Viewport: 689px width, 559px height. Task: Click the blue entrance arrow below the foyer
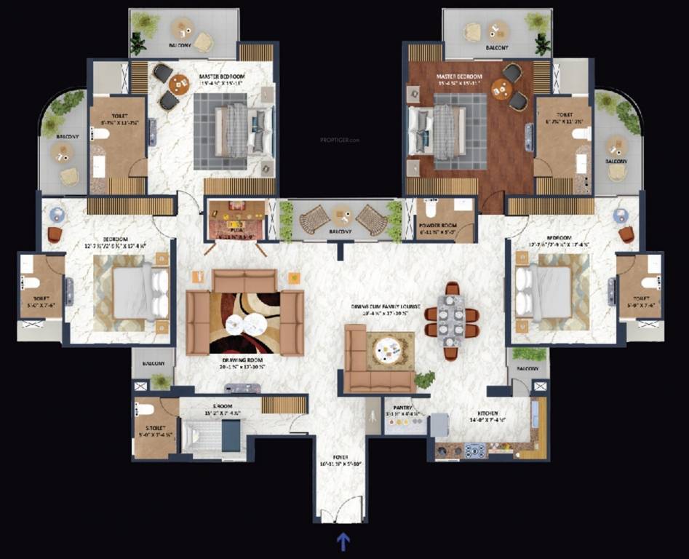point(343,541)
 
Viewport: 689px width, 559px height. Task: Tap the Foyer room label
point(340,459)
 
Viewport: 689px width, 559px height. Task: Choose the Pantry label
point(402,408)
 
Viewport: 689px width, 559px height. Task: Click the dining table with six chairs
point(452,320)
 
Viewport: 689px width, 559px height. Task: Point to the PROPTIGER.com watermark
point(340,139)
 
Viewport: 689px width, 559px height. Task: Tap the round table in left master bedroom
point(178,84)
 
